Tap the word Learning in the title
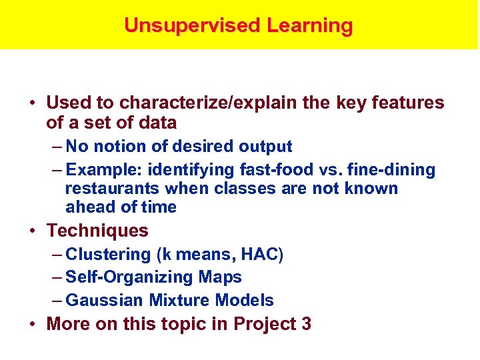310,25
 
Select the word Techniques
97,231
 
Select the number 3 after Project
306,325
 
